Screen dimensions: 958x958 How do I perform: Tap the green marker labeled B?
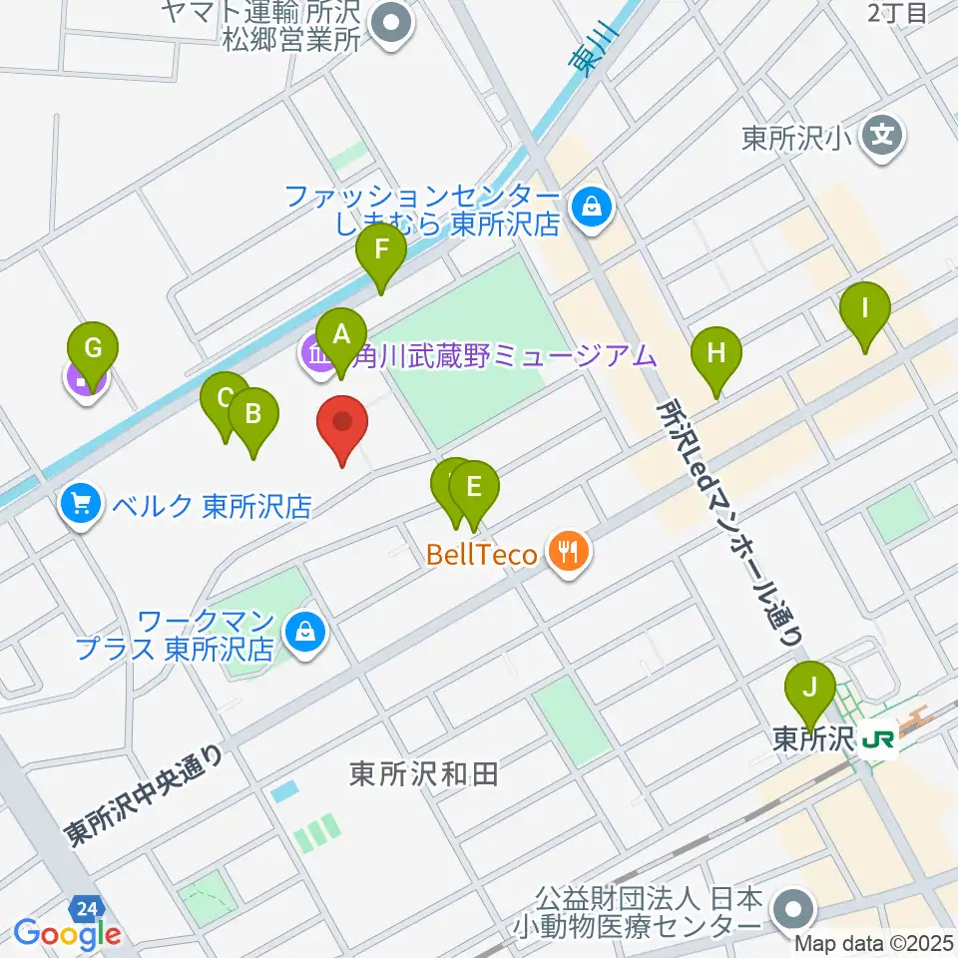coord(252,413)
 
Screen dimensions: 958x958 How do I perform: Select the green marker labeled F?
coord(381,251)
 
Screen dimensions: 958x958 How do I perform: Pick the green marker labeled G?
coord(93,350)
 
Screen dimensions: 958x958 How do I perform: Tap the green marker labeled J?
coord(810,689)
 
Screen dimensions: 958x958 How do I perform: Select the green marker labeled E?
coord(474,489)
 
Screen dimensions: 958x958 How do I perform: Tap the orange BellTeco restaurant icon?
coord(569,552)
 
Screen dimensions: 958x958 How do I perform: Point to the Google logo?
coord(67,934)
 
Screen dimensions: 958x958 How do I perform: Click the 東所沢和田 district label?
coord(424,773)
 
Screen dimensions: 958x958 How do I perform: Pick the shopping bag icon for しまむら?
coord(592,209)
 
